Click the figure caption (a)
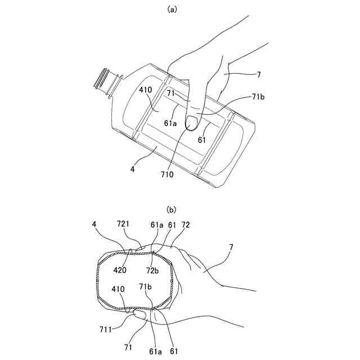tap(172, 10)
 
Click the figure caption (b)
tap(172, 210)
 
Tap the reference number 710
tap(166, 174)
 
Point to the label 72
tap(186, 224)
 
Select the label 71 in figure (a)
tap(171, 92)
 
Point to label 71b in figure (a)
tap(258, 97)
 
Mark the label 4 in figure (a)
tap(133, 167)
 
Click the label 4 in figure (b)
tap(94, 224)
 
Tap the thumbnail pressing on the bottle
tap(191, 120)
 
